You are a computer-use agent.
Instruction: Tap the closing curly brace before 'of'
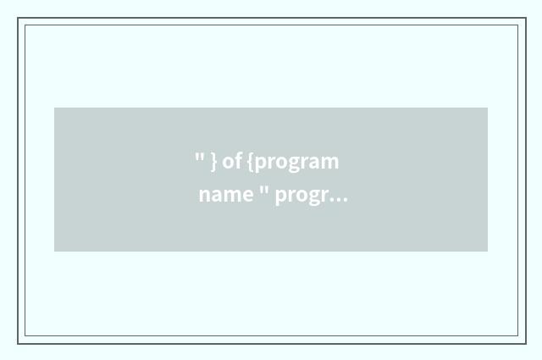(214, 161)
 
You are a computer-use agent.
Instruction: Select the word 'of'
(231, 161)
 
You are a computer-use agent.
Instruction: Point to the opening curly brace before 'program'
(252, 161)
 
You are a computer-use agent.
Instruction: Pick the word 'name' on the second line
(226, 196)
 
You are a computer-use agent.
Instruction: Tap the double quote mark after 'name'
(263, 190)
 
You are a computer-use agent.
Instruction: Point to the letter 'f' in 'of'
(237, 160)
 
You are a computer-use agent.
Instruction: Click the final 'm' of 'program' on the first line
(331, 162)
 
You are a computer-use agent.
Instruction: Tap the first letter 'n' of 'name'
(205, 196)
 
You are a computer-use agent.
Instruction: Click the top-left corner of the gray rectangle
(54, 108)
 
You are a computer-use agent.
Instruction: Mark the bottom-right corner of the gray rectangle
(488, 252)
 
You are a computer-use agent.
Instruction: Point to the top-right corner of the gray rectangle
(488, 108)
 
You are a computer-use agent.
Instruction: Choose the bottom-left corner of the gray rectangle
(54, 252)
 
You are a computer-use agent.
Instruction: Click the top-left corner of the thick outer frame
(18, 18)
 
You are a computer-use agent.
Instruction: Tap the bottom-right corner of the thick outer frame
(526, 344)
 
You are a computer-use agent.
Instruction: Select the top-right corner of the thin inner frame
(517, 25)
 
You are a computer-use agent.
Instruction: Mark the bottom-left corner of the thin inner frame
(25, 335)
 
